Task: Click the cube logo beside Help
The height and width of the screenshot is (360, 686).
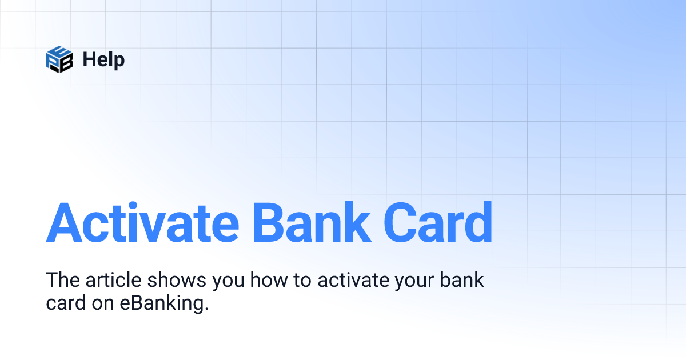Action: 59,59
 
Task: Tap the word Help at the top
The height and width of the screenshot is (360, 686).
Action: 103,59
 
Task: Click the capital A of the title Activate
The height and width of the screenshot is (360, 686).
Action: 64,222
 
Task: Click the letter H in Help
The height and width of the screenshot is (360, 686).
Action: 89,59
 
